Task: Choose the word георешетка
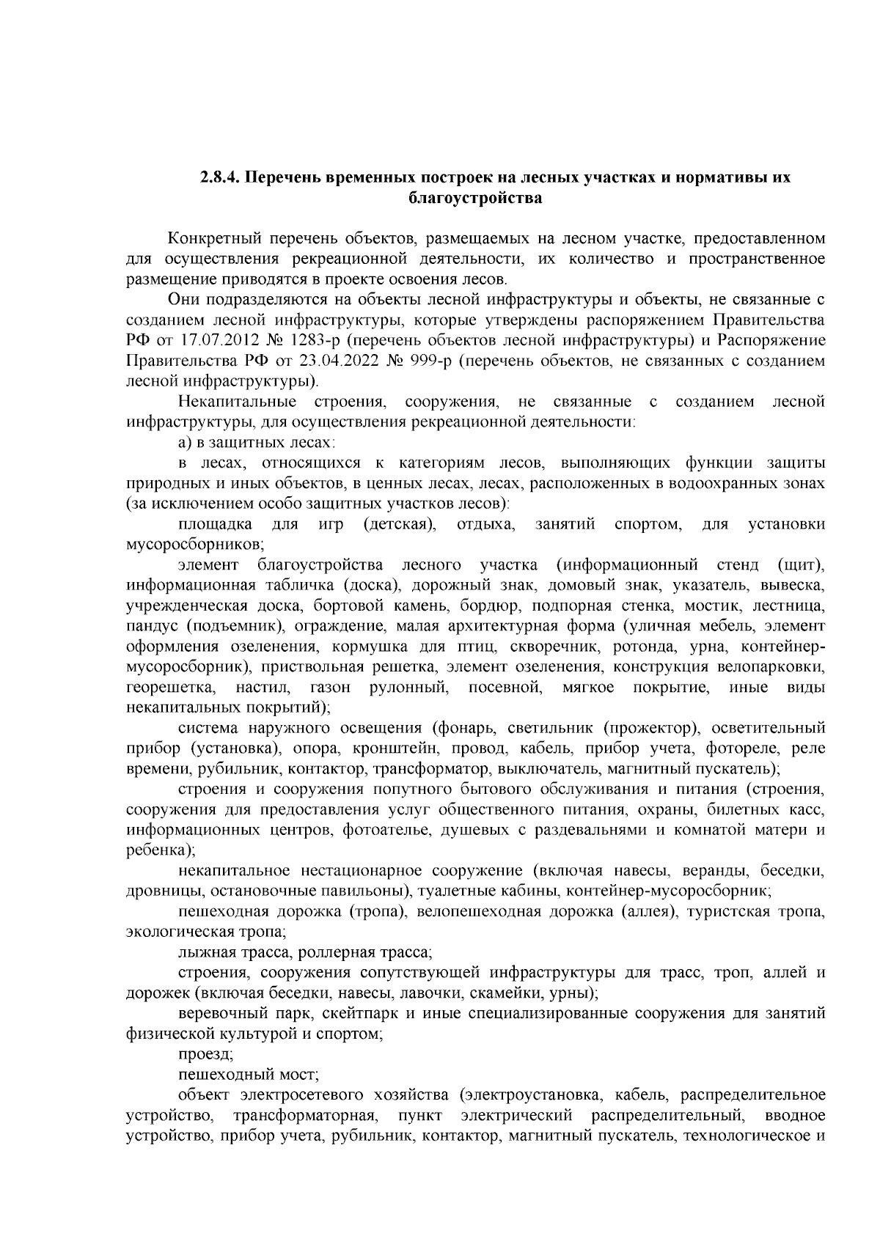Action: tap(170, 688)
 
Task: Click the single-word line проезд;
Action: tap(206, 1054)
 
